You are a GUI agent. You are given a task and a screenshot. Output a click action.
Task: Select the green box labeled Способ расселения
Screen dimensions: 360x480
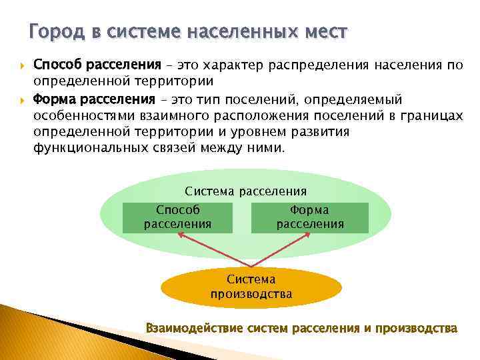point(178,217)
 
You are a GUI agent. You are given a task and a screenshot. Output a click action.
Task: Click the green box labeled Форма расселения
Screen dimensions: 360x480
point(310,217)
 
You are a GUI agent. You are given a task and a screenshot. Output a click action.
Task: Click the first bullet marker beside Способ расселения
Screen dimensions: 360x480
point(21,66)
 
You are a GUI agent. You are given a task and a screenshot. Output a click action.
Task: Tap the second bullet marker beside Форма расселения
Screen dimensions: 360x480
point(21,99)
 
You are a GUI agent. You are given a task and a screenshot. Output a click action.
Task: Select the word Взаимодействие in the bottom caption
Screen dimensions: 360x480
point(194,328)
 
